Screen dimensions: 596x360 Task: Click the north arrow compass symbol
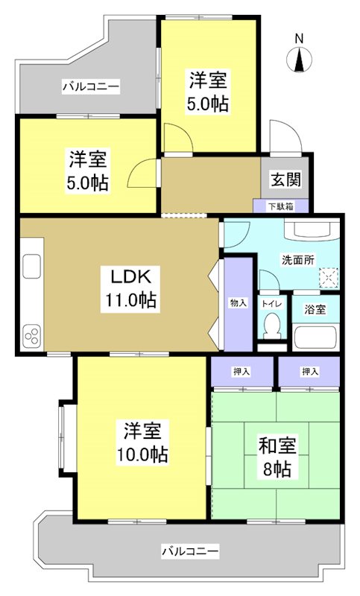coord(300,60)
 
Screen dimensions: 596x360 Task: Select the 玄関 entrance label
coord(285,180)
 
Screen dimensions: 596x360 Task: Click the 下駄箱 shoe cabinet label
coord(280,206)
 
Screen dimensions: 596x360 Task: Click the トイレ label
coord(271,304)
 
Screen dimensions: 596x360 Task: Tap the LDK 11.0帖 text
coord(130,288)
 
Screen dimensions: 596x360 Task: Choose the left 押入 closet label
coord(241,370)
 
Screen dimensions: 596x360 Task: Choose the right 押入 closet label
coord(310,370)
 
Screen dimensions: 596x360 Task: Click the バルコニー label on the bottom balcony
coord(192,551)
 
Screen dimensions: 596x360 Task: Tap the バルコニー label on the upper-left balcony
coord(90,87)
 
